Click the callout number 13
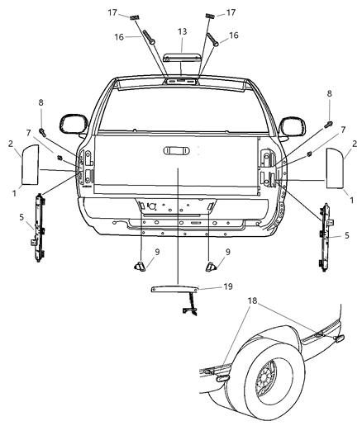click(x=182, y=31)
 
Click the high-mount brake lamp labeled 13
click(x=182, y=59)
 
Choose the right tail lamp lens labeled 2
click(x=336, y=168)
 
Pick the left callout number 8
click(x=40, y=102)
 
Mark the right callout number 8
click(x=330, y=94)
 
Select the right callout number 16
click(x=234, y=35)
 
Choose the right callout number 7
click(x=319, y=130)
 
